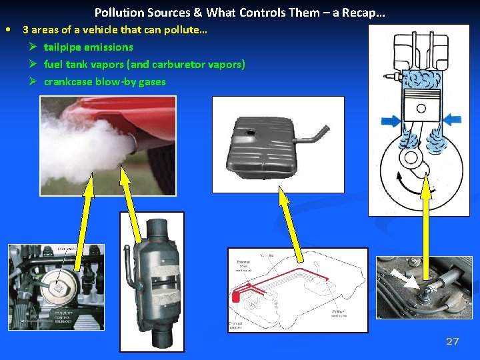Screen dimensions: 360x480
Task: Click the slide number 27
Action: click(452, 341)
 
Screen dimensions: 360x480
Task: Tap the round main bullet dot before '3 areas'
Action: click(7, 29)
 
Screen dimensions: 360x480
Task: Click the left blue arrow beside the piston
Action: click(391, 121)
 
